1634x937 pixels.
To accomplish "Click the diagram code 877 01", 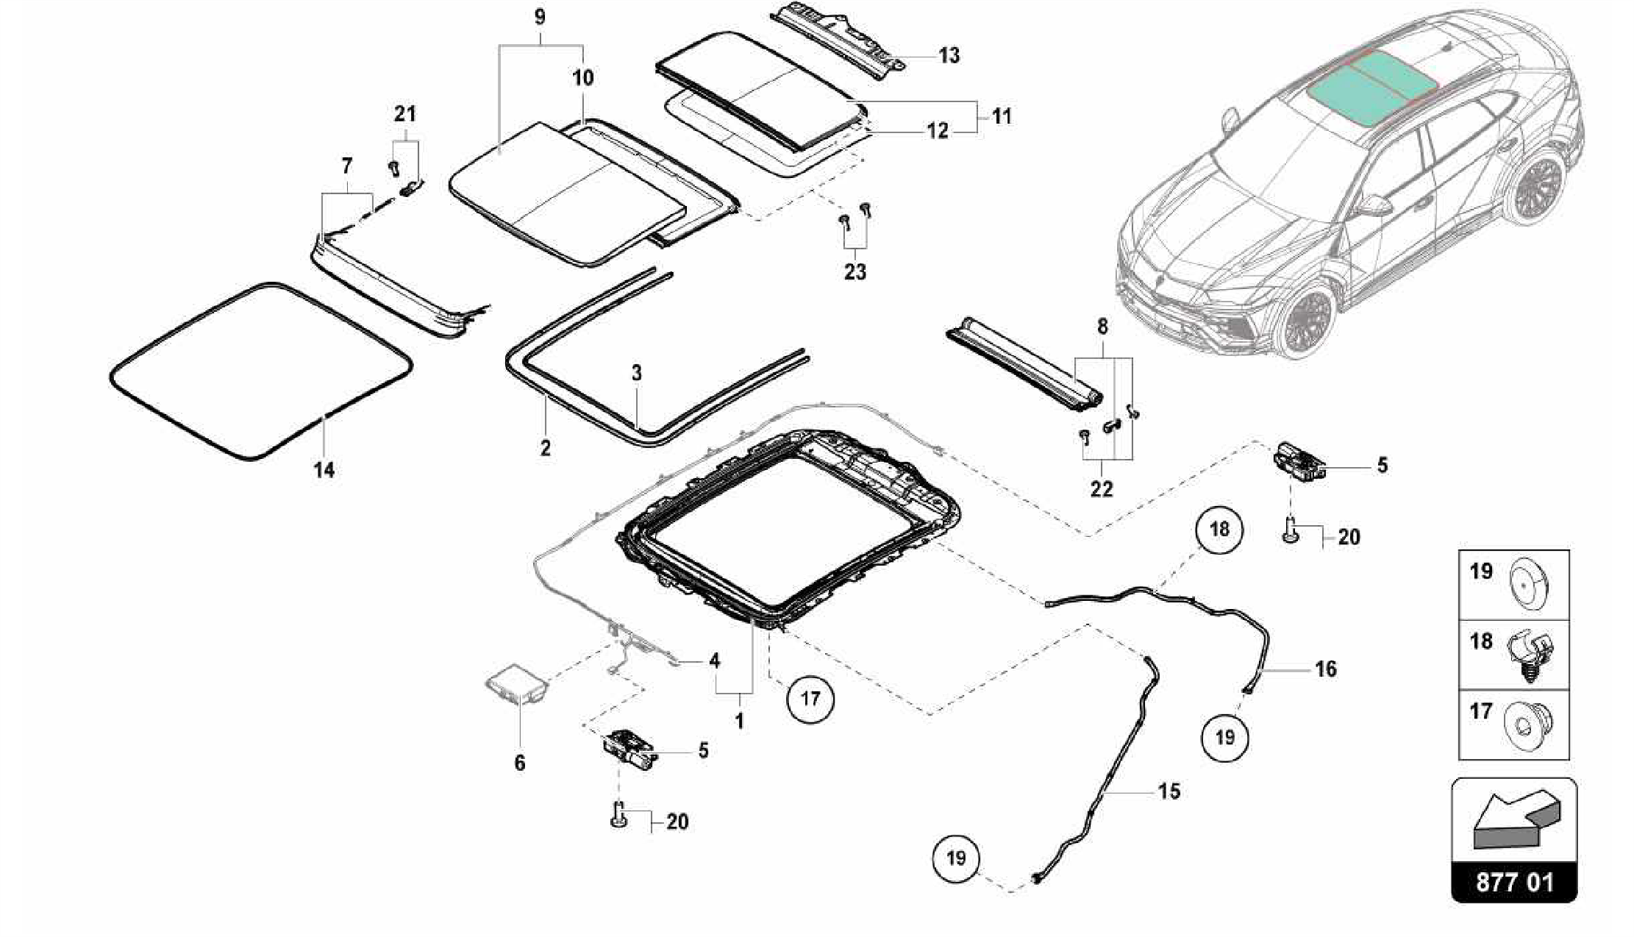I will (1514, 883).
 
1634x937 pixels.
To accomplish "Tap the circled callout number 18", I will (1219, 530).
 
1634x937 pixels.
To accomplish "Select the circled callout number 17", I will (810, 699).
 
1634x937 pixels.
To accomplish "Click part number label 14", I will (323, 470).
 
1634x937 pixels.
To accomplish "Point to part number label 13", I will (949, 56).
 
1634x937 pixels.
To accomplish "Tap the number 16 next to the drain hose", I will (1325, 669).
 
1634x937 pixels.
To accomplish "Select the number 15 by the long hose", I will (1168, 792).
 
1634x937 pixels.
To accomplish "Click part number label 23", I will (854, 272).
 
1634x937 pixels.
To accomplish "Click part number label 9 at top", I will (540, 17).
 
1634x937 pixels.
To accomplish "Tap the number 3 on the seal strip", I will (636, 373).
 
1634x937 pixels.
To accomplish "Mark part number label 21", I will (405, 114).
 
